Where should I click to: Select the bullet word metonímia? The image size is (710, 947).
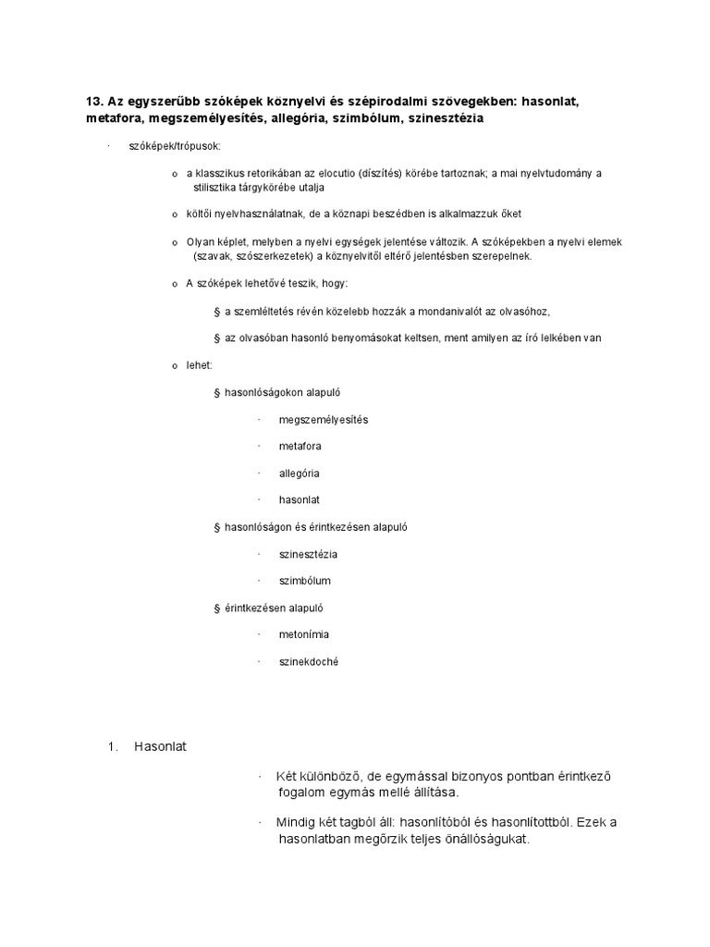tap(304, 634)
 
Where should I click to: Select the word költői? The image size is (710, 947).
tap(200, 214)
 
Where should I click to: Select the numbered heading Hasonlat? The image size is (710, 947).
tap(160, 745)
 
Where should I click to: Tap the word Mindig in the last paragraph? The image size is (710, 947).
tap(299, 822)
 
